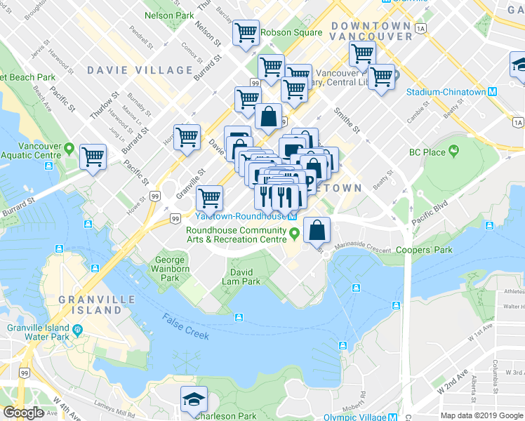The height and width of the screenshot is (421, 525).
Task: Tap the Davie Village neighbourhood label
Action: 140,70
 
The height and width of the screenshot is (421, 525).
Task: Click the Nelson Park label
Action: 168,15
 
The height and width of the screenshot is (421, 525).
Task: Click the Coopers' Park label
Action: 424,250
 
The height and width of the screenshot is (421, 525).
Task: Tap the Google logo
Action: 23,413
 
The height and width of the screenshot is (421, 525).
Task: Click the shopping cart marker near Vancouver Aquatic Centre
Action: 93,156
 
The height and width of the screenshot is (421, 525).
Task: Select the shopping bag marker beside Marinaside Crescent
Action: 317,229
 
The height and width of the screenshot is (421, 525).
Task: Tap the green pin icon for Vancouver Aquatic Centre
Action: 69,149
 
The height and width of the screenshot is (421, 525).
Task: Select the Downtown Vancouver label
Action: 370,30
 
